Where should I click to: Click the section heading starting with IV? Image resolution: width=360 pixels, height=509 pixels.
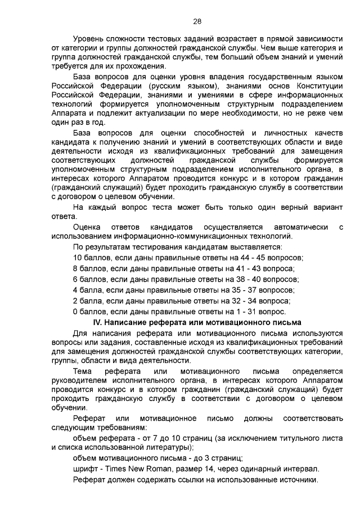[x=197, y=322]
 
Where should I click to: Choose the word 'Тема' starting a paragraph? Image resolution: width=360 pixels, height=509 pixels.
[x=83, y=372]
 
